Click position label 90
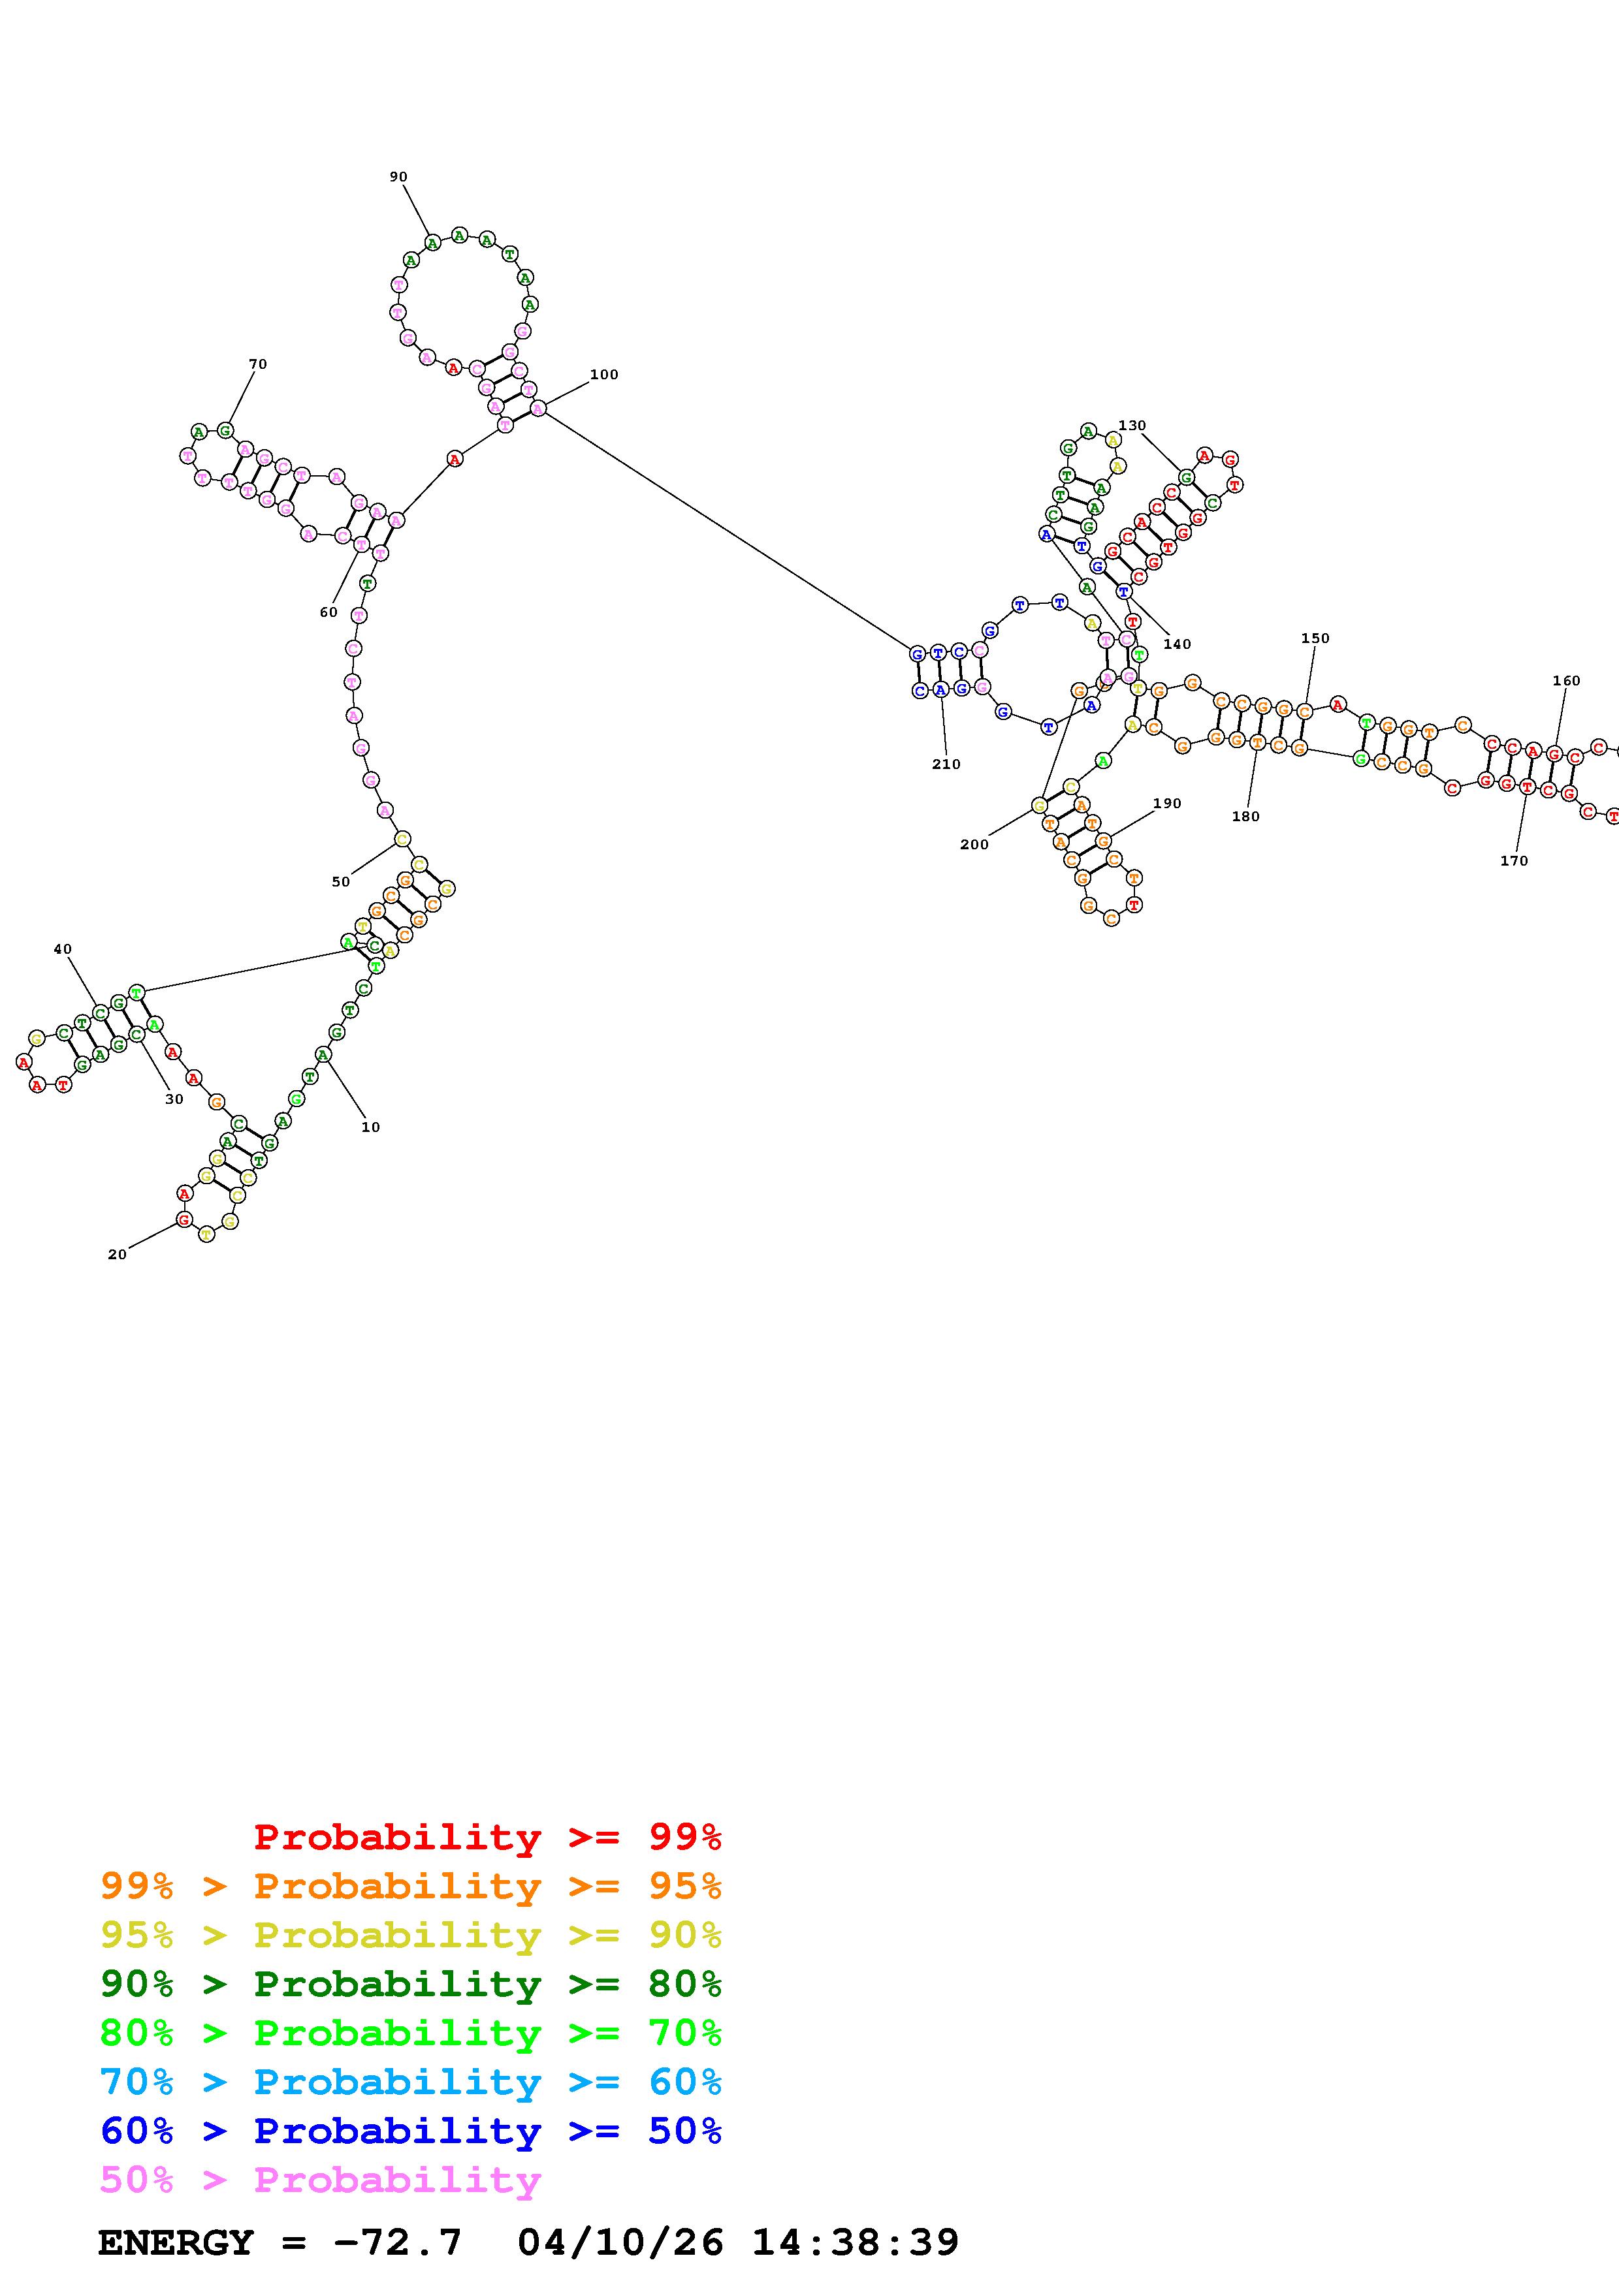coord(398,176)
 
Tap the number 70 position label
coord(257,364)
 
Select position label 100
coord(603,374)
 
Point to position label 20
coord(117,1254)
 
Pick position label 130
coord(1131,425)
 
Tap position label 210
coord(946,764)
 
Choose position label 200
coord(974,844)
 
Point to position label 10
coord(370,1127)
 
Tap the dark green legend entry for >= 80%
coord(410,1984)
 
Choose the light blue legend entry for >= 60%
coord(410,2082)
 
